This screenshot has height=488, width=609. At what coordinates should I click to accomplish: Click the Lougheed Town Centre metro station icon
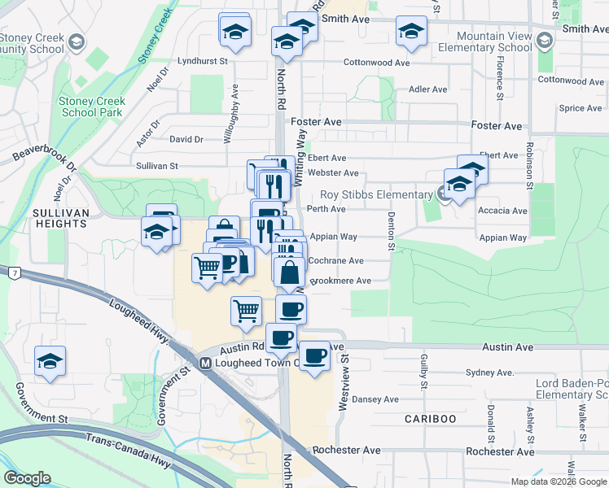point(206,363)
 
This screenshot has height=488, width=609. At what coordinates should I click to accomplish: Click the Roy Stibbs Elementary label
point(375,194)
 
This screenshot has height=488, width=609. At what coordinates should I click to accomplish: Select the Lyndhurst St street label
point(203,61)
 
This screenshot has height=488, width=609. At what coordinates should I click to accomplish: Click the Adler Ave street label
point(428,89)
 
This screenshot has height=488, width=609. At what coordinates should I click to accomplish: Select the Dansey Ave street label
point(376,399)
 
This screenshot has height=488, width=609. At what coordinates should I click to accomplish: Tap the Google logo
point(27,478)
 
